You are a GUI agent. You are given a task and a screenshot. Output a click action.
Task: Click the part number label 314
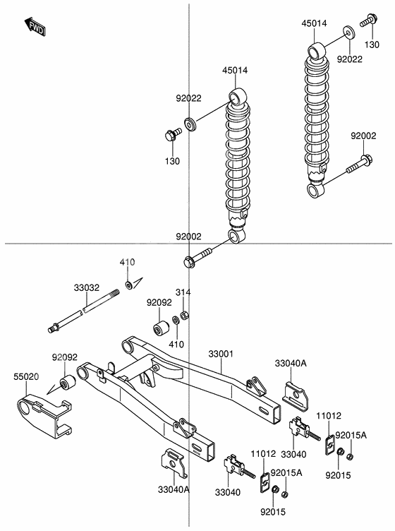point(183,292)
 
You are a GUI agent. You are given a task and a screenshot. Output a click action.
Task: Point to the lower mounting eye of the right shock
point(316,191)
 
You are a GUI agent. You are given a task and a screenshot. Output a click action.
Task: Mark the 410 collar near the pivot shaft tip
point(130,285)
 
